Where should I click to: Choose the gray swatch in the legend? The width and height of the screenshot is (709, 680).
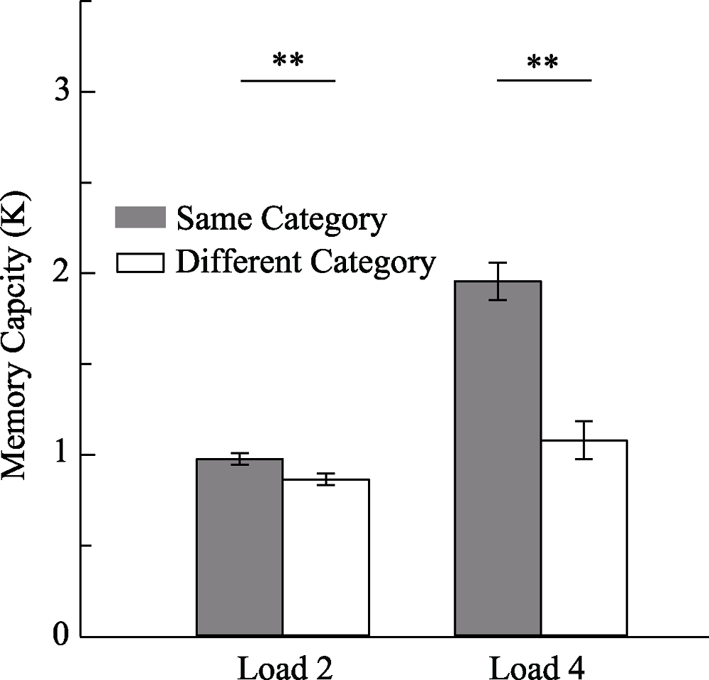140,218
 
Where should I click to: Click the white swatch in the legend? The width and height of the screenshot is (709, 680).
140,263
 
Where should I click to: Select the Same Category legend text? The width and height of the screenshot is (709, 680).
281,219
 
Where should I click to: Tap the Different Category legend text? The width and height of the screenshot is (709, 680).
305,263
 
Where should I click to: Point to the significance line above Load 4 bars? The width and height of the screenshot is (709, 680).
544,80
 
